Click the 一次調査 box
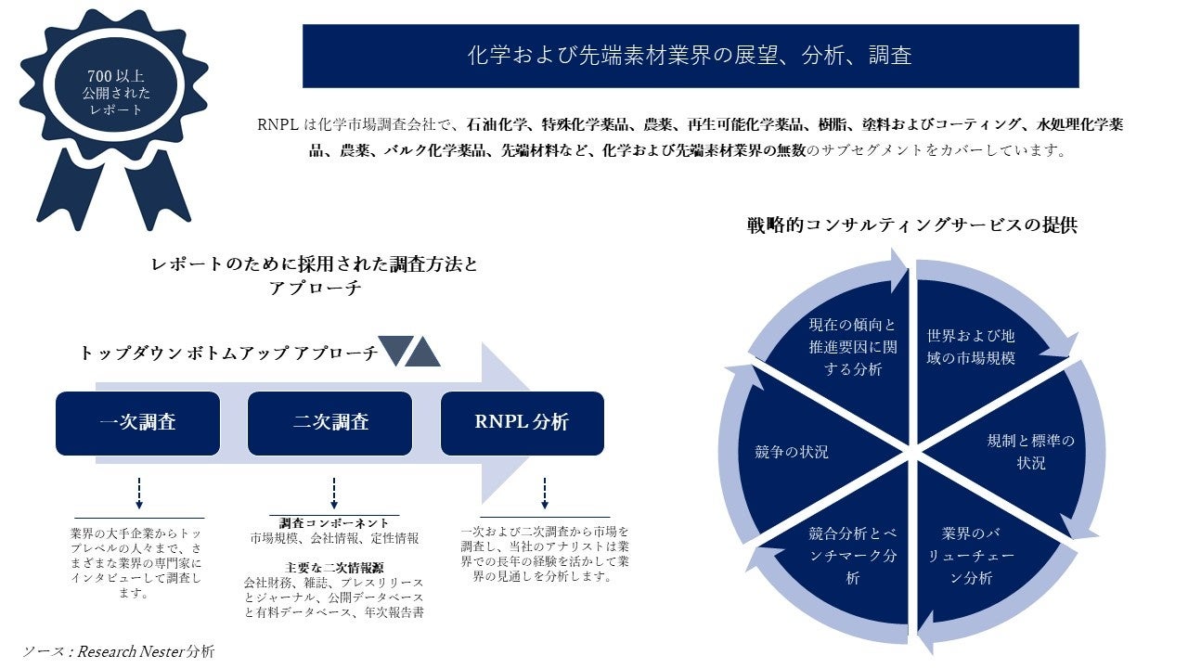tap(137, 423)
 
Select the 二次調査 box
tap(329, 423)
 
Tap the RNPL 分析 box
tap(522, 423)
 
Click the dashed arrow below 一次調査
tap(139, 493)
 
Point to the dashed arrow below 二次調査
tap(333, 493)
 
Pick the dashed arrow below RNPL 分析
tap(544, 493)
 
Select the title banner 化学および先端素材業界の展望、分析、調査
tap(690, 56)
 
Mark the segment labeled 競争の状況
tap(792, 452)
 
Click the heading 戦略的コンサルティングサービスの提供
tap(911, 225)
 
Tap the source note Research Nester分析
tap(118, 650)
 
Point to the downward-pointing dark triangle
tap(394, 350)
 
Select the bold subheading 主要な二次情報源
tap(333, 567)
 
